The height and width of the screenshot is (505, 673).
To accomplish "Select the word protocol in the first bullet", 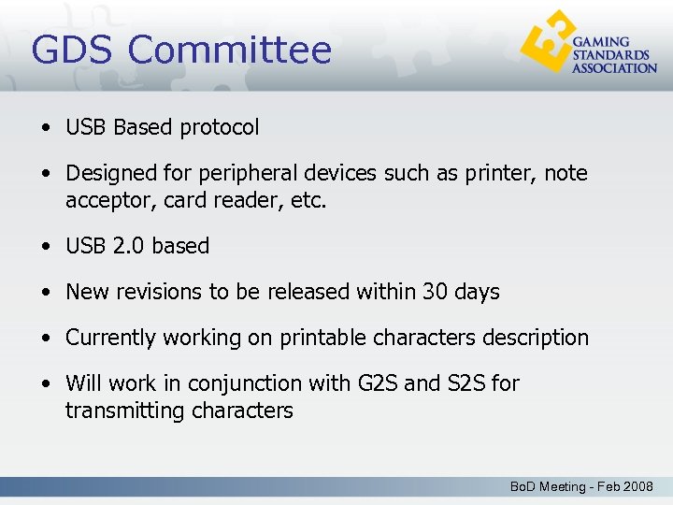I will [224, 128].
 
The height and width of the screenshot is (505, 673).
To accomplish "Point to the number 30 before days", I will [436, 292].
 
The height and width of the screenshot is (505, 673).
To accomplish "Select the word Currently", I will [111, 338].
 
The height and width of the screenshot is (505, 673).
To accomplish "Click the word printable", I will [322, 338].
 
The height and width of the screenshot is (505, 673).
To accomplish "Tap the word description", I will [533, 338].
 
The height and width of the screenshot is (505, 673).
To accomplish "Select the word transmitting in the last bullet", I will [119, 411].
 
